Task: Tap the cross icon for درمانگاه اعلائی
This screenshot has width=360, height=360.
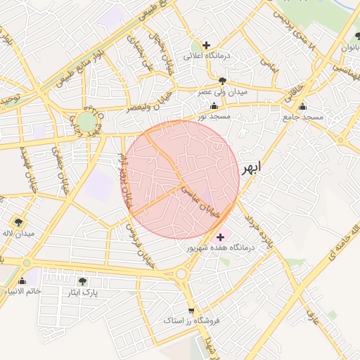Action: pyautogui.click(x=206, y=45)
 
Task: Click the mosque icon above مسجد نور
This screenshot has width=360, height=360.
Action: pyautogui.click(x=214, y=105)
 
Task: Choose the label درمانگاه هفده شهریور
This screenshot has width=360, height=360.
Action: pyautogui.click(x=219, y=247)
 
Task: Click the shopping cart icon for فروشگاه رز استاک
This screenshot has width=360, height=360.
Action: pyautogui.click(x=191, y=310)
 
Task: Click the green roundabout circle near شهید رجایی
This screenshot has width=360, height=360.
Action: pyautogui.click(x=86, y=122)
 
